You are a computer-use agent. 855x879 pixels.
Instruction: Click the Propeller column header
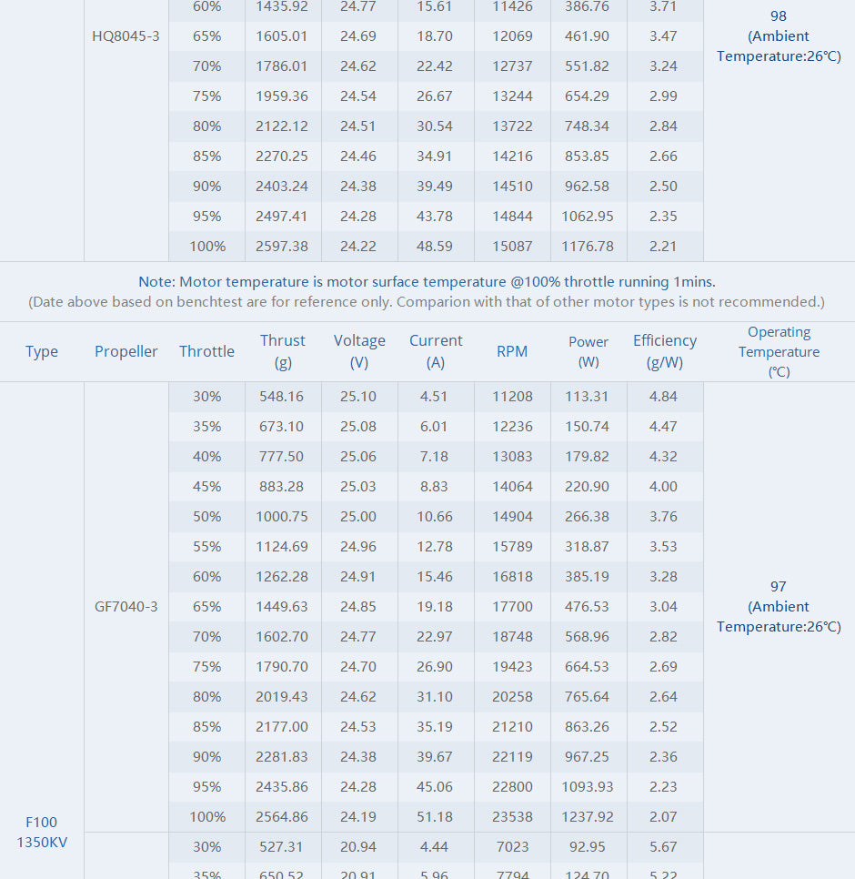(126, 351)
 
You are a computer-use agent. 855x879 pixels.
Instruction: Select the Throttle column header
(206, 351)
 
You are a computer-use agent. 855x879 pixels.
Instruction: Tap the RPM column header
(512, 351)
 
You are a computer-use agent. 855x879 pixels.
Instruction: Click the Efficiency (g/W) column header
(665, 351)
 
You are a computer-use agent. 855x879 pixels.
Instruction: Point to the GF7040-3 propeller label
(126, 607)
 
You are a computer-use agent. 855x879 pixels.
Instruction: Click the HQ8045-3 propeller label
(126, 36)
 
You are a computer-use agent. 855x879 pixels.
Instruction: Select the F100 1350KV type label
(42, 833)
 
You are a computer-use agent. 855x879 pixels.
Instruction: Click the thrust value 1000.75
(283, 517)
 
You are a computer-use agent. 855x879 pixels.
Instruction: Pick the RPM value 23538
(512, 817)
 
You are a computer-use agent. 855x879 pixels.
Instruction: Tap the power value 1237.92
(588, 817)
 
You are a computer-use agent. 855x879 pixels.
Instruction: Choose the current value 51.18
(435, 817)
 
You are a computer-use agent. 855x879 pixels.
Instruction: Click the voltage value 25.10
(358, 397)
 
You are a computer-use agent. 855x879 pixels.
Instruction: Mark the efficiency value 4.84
(664, 397)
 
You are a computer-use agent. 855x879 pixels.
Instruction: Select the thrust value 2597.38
(283, 247)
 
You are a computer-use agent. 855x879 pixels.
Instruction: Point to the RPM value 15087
(512, 247)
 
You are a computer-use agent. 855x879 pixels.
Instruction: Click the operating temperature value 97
(779, 587)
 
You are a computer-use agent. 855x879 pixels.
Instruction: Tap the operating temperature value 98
(779, 16)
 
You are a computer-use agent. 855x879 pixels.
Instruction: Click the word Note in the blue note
(156, 282)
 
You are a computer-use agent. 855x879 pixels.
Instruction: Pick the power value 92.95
(588, 847)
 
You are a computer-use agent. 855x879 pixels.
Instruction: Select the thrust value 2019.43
(283, 697)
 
